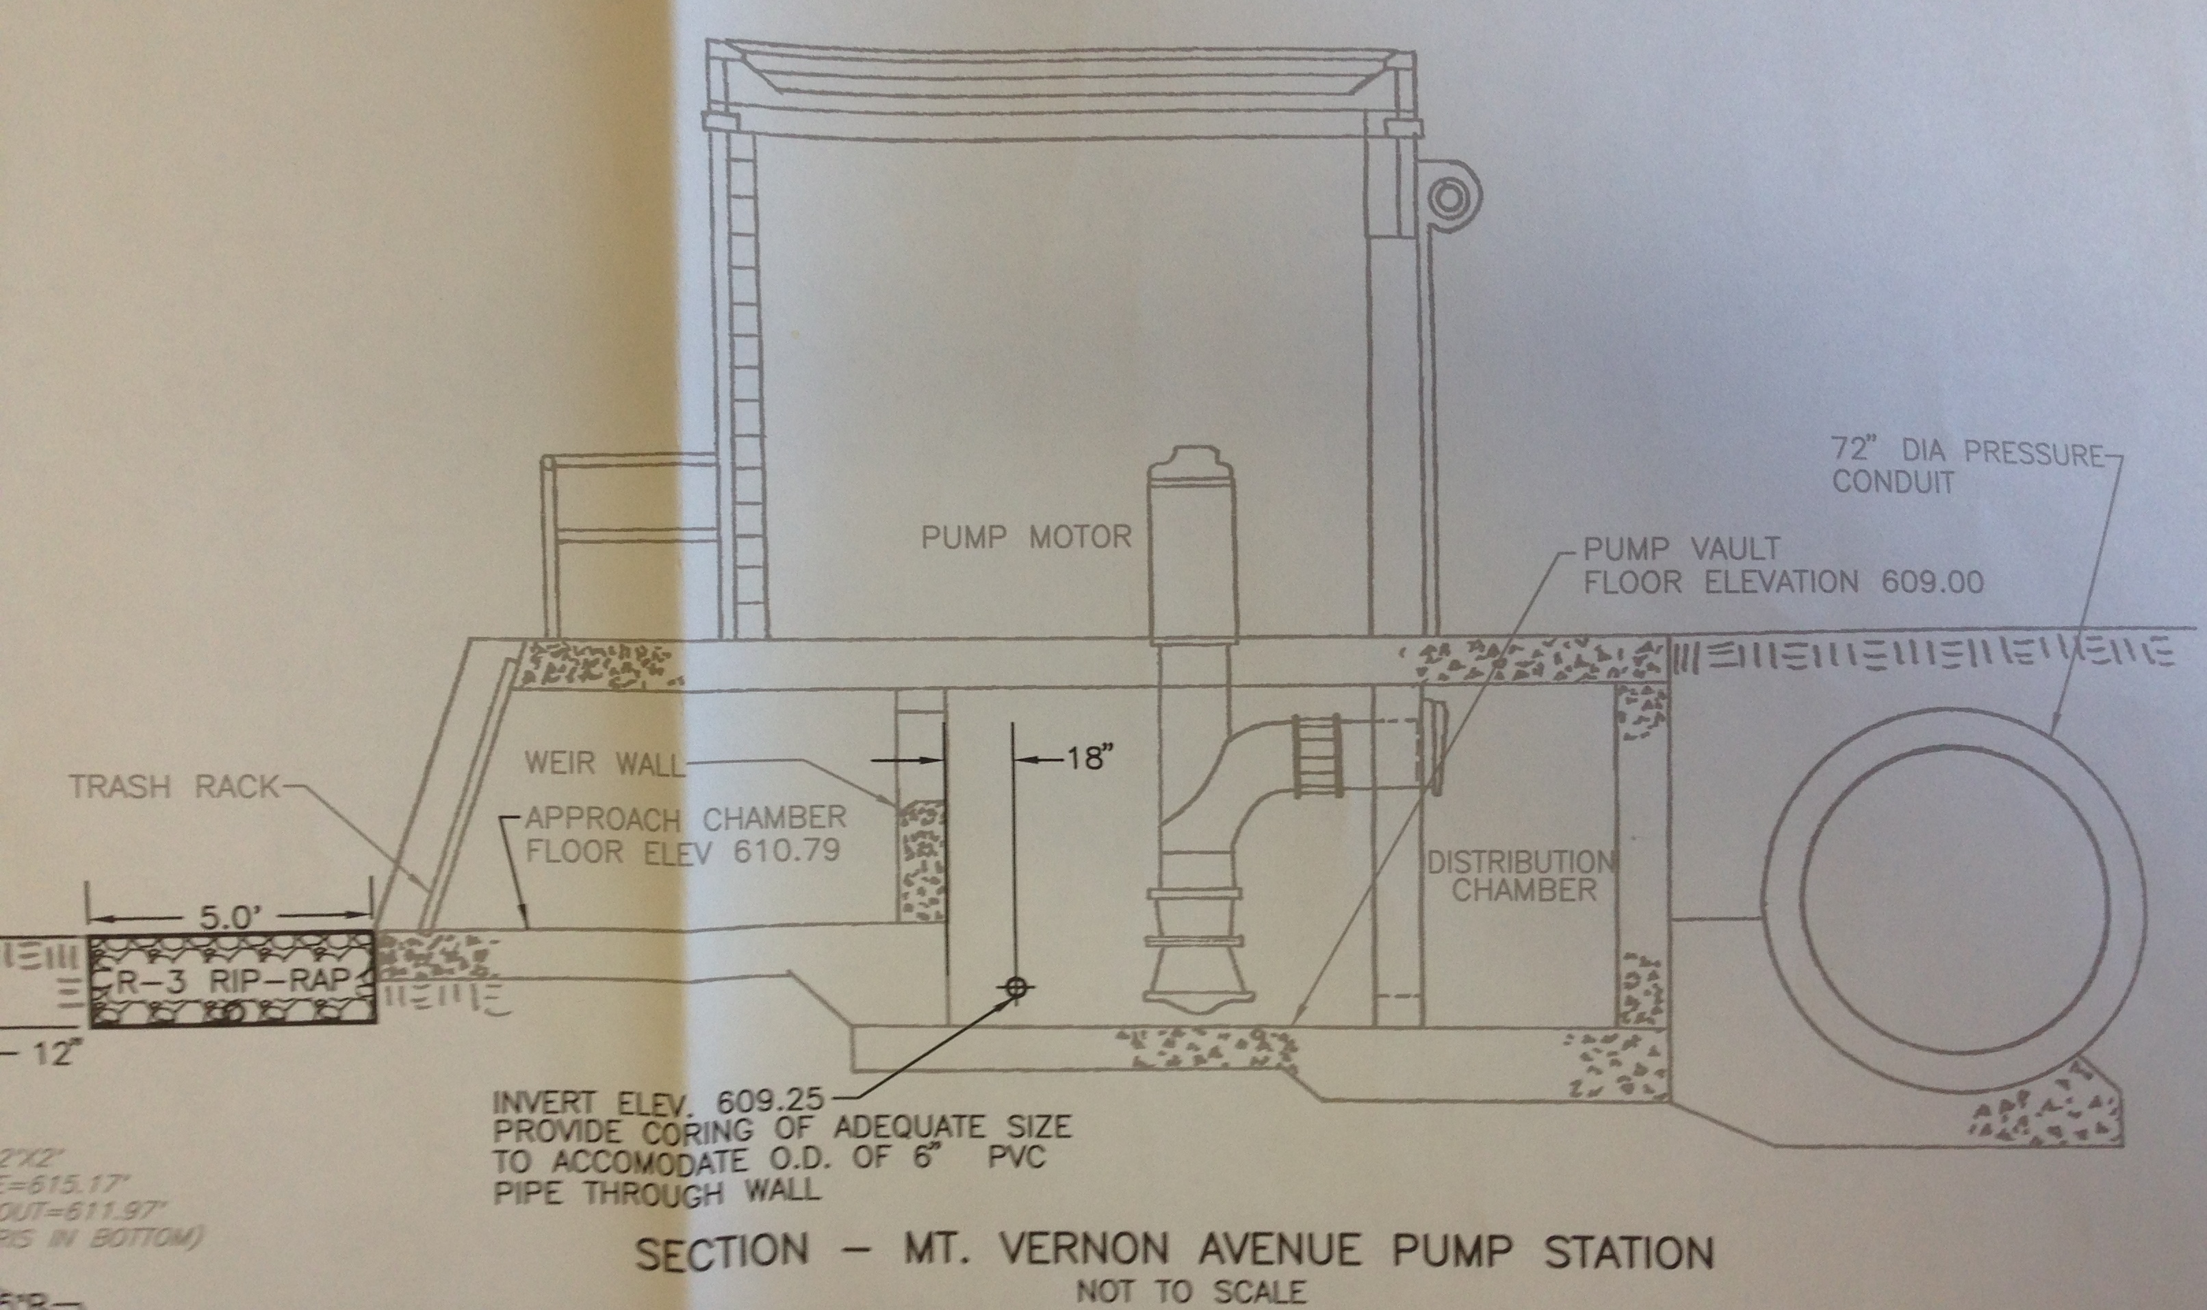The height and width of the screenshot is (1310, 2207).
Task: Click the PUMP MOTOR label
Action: tap(1025, 537)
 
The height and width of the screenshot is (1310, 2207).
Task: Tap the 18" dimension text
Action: tap(1085, 758)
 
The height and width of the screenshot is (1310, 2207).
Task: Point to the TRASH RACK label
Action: tap(173, 786)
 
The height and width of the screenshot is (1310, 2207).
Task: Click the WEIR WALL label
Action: tap(604, 762)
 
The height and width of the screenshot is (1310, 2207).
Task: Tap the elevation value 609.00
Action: tap(1933, 582)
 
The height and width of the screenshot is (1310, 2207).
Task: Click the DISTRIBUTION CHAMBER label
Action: tap(1522, 875)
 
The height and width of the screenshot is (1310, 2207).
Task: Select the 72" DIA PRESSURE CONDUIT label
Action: tap(1966, 466)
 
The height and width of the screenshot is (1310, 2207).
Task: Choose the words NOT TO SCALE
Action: tap(1191, 1292)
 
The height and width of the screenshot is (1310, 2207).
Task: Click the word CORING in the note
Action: tap(697, 1131)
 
